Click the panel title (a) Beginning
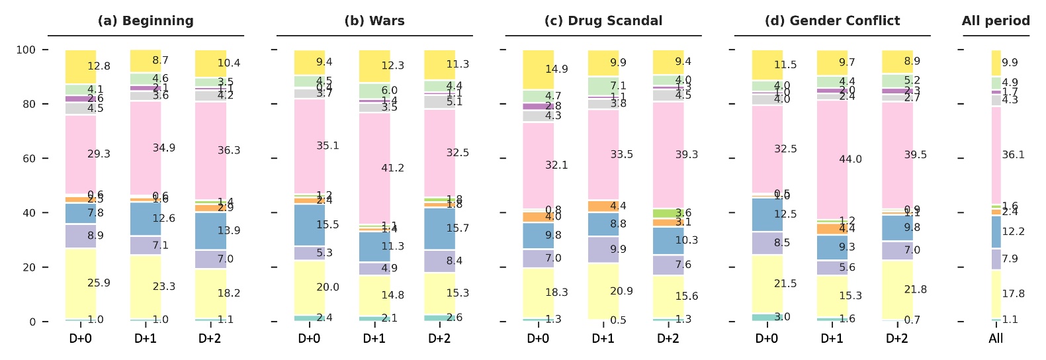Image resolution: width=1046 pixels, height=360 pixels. coord(146,21)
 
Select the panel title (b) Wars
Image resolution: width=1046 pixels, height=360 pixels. coord(374,21)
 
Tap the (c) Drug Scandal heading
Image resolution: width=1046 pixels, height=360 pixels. coord(603,21)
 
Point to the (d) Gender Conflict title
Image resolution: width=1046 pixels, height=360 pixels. coord(832,21)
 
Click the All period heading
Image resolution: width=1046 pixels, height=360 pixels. coord(996,21)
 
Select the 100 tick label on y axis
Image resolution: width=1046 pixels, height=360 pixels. coord(25,50)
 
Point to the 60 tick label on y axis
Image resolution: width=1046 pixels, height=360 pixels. coord(28,159)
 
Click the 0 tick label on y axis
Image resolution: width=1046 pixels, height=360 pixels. coord(31,322)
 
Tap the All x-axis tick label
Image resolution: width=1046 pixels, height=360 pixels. coord(996,339)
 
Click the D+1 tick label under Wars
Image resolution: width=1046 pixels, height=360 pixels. coord(374,339)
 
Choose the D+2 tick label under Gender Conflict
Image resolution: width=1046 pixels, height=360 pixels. coord(897,339)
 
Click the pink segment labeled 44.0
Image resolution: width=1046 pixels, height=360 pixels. coord(832,159)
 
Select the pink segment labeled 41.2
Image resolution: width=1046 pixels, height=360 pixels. coord(374,168)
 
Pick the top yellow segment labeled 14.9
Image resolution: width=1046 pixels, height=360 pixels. coord(538,69)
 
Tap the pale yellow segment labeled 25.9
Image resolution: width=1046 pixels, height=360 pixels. coord(80,284)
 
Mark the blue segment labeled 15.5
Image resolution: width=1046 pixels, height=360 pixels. coord(309,225)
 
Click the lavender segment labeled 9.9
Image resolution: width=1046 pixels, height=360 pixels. coord(603,249)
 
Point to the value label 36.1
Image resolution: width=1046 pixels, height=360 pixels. coord(1013,155)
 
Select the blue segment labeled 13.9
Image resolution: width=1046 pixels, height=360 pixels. coord(210,231)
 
